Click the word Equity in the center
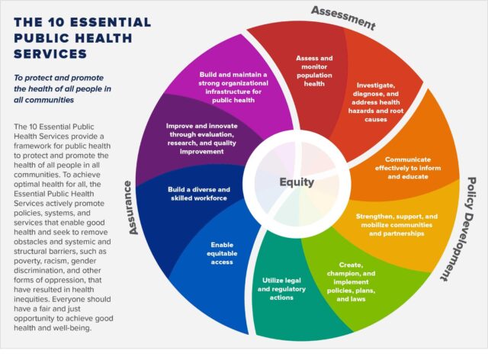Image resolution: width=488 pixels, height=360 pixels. pos(297,182)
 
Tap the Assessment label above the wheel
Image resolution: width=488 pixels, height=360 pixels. pos(343,18)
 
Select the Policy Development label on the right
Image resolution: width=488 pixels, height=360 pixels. pos(460,229)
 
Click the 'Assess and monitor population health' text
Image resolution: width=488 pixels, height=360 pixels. pos(314,71)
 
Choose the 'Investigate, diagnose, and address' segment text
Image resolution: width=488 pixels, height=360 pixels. pos(376,102)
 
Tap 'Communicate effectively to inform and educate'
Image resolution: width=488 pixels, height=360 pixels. pos(408,168)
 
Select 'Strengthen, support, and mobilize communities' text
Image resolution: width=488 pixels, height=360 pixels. pos(396,225)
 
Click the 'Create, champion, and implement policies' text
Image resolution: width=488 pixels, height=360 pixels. pos(351,282)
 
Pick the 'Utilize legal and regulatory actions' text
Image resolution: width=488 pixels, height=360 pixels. pos(281,289)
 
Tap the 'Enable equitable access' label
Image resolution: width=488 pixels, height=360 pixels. pos(222,253)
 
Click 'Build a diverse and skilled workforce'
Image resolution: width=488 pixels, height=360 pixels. pos(199,194)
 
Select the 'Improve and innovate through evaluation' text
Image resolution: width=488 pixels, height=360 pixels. pos(201,139)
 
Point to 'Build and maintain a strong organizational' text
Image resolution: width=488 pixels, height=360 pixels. pos(233,88)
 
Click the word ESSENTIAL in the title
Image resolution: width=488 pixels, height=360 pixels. pos(110,22)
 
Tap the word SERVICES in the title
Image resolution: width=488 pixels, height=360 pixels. pos(50,54)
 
